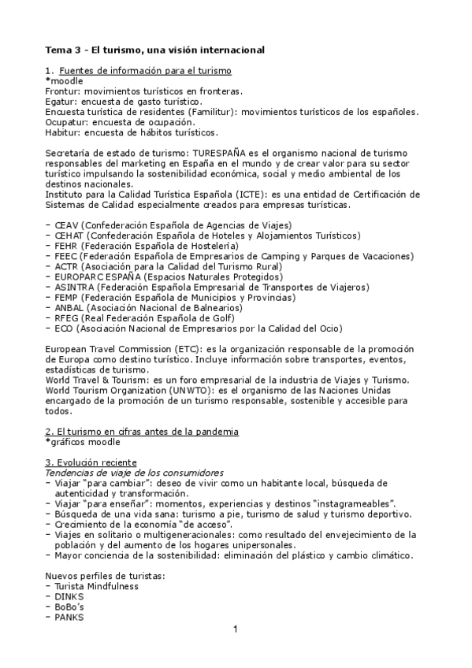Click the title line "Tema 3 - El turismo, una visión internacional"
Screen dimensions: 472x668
coord(154,50)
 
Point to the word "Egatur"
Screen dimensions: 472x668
coord(61,102)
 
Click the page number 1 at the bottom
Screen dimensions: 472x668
coord(235,629)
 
